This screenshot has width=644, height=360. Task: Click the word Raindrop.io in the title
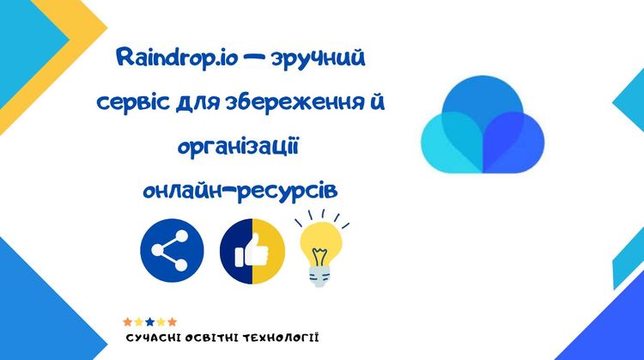178,58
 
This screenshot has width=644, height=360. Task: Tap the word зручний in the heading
318,58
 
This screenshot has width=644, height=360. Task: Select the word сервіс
133,102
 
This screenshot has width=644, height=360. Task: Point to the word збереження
294,102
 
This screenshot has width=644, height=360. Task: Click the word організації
238,146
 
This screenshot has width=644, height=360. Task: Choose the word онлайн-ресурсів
240,190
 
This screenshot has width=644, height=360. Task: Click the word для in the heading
197,103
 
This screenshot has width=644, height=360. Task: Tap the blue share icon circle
172,250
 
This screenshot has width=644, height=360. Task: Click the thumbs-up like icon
252,251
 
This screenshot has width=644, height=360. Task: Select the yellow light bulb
321,248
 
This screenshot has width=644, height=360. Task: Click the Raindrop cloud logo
483,124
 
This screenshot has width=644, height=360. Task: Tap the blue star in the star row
150,321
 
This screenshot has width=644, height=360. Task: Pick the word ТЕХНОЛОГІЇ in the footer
281,339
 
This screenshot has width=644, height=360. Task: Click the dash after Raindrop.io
253,58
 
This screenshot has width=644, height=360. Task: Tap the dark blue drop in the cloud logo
513,142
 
